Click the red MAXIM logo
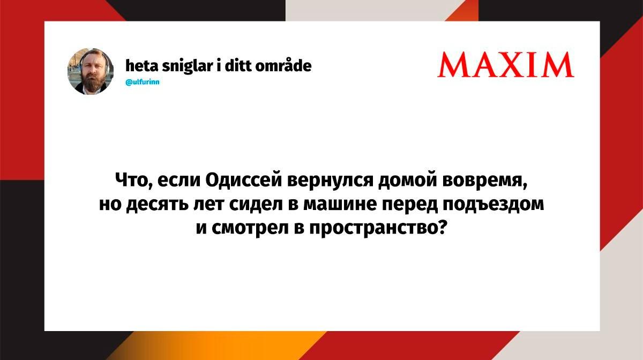coord(505,65)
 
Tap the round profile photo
coord(91,71)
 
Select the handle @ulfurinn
coord(143,82)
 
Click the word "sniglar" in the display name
coord(187,66)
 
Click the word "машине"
coord(340,205)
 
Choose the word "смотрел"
coord(250,228)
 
